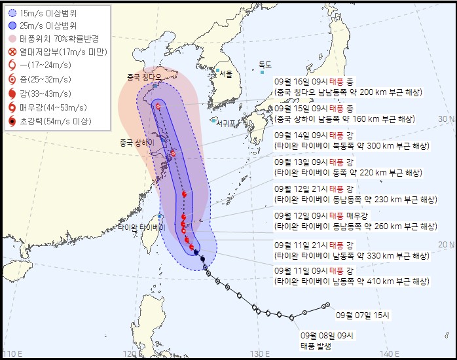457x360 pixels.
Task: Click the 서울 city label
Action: pyautogui.click(x=227, y=73)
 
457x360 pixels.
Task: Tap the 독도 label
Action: pyautogui.click(x=265, y=64)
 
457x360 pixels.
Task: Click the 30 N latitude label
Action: pyautogui.click(x=447, y=119)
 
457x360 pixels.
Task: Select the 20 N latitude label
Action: pyautogui.click(x=447, y=244)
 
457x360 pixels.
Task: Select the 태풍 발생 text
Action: pyautogui.click(x=316, y=347)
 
